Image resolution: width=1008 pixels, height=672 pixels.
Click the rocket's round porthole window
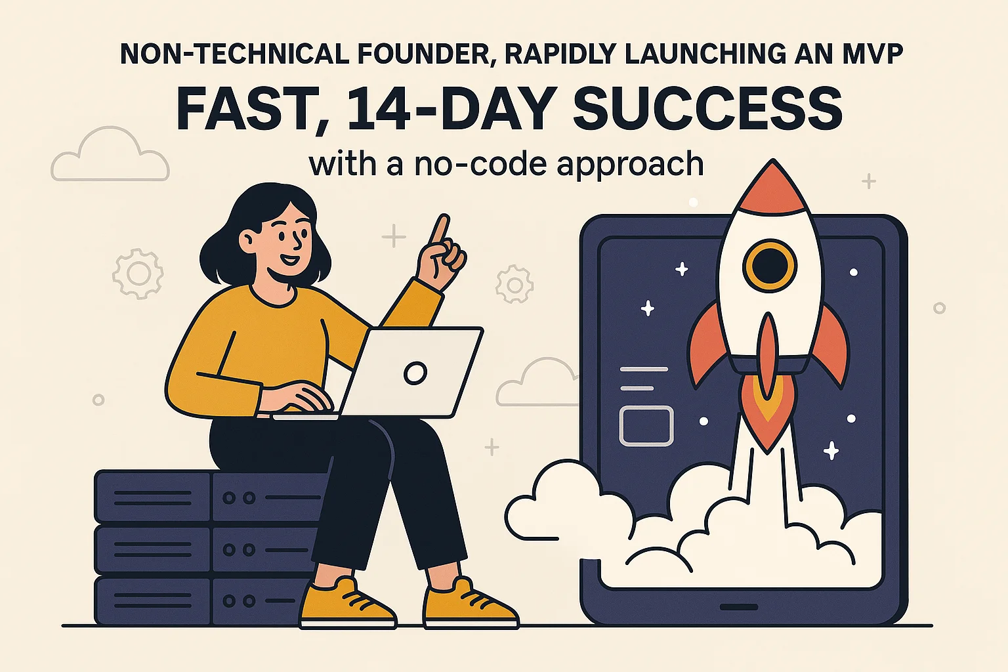click(x=769, y=265)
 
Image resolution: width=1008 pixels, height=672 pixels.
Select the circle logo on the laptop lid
click(x=415, y=373)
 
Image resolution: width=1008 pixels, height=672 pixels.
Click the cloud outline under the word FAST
click(x=110, y=156)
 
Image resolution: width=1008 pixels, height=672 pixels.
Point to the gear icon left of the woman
click(x=138, y=273)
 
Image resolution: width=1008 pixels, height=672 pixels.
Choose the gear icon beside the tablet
click(x=514, y=284)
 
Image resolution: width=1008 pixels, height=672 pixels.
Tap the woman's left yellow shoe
click(x=346, y=602)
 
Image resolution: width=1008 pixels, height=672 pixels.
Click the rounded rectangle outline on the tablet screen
click(x=646, y=426)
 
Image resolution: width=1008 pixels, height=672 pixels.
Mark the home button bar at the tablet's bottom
click(x=738, y=606)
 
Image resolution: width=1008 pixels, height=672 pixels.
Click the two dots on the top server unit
click(x=238, y=498)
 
